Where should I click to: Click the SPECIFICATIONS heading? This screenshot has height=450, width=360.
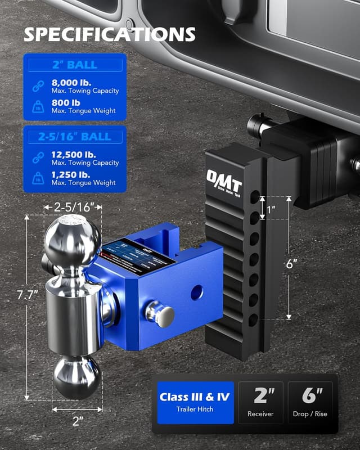(x=109, y=34)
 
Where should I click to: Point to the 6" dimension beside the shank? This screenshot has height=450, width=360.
(x=307, y=262)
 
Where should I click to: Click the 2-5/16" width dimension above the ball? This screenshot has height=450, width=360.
(x=73, y=208)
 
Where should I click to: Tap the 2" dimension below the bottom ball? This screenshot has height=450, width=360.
(x=78, y=419)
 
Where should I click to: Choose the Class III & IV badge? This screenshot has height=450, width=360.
(x=194, y=402)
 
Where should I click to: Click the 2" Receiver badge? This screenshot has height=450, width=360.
(x=260, y=402)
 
